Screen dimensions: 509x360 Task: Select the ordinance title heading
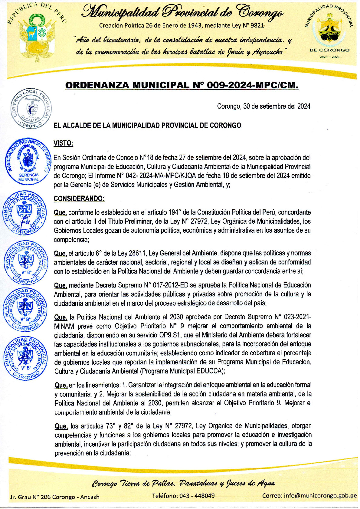pyautogui.click(x=182, y=85)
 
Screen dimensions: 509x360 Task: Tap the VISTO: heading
pyautogui.click(x=63, y=143)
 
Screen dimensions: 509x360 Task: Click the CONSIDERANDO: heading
pyautogui.click(x=79, y=199)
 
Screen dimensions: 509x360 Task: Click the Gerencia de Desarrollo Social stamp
pyautogui.click(x=25, y=357)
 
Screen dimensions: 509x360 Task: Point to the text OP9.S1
pyautogui.click(x=171, y=335)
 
